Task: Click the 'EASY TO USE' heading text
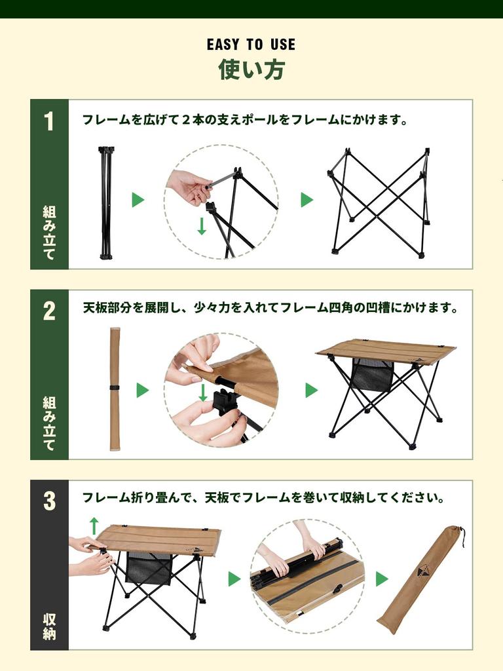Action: (x=251, y=45)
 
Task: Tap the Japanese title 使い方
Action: (x=251, y=69)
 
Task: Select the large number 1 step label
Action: (x=49, y=122)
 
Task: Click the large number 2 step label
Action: (x=49, y=312)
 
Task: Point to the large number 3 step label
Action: (x=49, y=502)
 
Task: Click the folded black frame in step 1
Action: (x=105, y=202)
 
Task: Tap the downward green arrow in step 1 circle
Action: (x=202, y=226)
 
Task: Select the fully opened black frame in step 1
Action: (x=379, y=202)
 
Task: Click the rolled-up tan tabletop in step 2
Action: (x=115, y=389)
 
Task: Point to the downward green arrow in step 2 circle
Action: (x=203, y=393)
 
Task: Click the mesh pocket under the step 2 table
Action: (x=372, y=375)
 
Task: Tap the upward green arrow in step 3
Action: (x=94, y=525)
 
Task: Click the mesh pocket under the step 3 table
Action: (x=149, y=568)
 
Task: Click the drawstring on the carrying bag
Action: (x=462, y=536)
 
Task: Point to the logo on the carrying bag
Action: (x=424, y=571)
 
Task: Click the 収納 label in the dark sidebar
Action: (x=49, y=626)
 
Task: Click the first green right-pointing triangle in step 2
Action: (x=142, y=391)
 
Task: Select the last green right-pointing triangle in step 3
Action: (x=382, y=579)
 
